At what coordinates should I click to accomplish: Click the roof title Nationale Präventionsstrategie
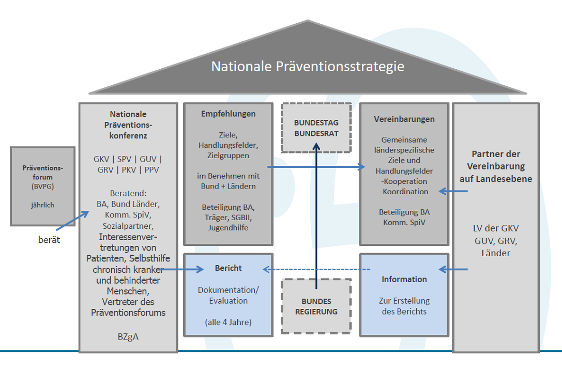[x=308, y=67]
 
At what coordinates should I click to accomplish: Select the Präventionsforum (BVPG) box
[x=42, y=186]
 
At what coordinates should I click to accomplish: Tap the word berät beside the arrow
[x=49, y=240]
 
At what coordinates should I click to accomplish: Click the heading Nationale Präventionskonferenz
[x=128, y=125]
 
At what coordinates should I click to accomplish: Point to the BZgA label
[x=128, y=337]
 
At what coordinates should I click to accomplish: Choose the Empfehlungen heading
[x=228, y=114]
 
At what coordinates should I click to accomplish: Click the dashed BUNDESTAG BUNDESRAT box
[x=316, y=127]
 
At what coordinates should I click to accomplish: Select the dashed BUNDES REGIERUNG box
[x=316, y=306]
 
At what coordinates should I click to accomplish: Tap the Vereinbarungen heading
[x=404, y=119]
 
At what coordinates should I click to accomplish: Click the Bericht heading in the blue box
[x=228, y=268]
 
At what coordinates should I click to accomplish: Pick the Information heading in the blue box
[x=404, y=279]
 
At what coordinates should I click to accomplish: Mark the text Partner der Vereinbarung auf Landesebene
[x=496, y=166]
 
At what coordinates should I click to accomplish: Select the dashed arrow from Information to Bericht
[x=316, y=269]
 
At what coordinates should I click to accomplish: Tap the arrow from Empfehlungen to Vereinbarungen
[x=316, y=167]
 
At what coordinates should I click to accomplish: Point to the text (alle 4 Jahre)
[x=228, y=322]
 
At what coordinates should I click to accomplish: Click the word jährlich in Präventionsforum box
[x=42, y=205]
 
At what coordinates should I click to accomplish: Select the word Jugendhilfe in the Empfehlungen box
[x=228, y=227]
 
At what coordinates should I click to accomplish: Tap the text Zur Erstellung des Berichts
[x=404, y=306]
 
